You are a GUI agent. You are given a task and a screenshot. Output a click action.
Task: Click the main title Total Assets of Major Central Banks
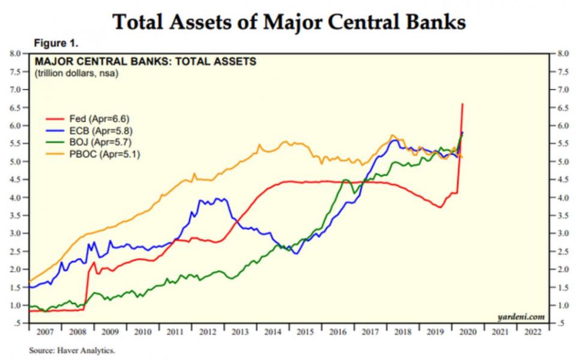click(x=289, y=22)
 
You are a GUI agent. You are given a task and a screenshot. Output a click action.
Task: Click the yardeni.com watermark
click(x=521, y=315)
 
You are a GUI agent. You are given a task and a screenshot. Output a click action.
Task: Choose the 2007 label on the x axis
click(x=46, y=332)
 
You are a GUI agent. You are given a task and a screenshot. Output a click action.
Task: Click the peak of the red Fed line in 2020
click(x=462, y=104)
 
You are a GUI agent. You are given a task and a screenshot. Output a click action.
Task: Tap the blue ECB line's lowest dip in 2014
click(x=295, y=253)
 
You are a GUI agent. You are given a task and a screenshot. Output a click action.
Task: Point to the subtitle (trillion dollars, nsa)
click(x=76, y=73)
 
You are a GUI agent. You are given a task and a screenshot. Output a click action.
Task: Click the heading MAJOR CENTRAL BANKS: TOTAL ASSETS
click(x=146, y=62)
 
